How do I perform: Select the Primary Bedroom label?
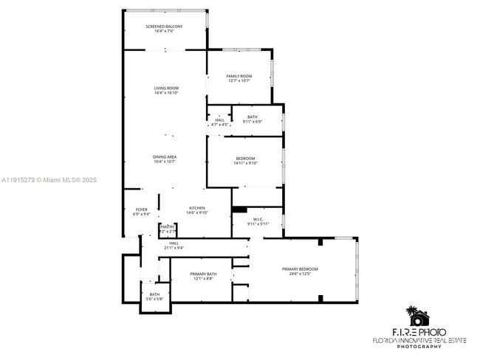pyautogui.click(x=300, y=269)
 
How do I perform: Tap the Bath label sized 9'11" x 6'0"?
pyautogui.click(x=253, y=119)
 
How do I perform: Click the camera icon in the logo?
pyautogui.click(x=419, y=318)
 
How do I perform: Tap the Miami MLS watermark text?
pyautogui.click(x=49, y=180)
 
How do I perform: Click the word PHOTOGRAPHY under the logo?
pyautogui.click(x=419, y=347)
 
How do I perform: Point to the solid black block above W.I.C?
pyautogui.click(x=239, y=210)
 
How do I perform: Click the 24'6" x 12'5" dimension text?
pyautogui.click(x=300, y=273)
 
